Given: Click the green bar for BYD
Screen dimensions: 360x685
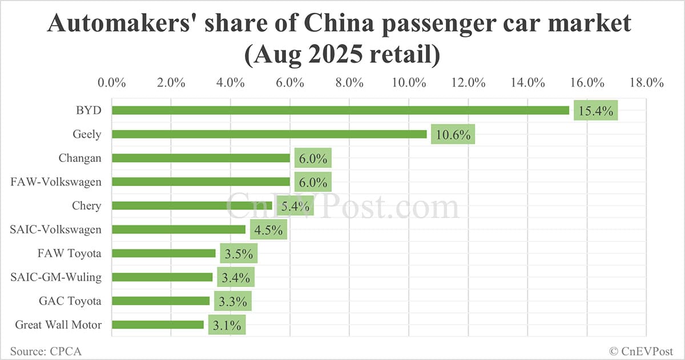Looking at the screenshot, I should click(x=340, y=110).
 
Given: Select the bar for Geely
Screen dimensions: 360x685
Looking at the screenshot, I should click(x=269, y=134).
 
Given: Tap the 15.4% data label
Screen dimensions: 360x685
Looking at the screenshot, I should click(x=595, y=111).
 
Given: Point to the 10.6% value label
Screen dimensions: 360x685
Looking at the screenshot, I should click(x=453, y=135).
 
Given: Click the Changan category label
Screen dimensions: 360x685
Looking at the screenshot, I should click(x=80, y=158).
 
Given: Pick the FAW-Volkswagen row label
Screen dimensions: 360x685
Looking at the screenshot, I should click(x=56, y=182).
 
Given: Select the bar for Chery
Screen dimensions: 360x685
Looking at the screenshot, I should click(x=194, y=205).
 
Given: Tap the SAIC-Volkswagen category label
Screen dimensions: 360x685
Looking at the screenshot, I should click(x=56, y=229).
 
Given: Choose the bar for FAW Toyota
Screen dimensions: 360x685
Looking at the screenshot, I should click(x=163, y=253).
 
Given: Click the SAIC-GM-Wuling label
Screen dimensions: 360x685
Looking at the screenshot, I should click(x=56, y=277).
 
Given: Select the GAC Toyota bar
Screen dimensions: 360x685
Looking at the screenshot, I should click(x=160, y=301).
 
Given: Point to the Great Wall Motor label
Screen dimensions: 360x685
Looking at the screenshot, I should click(x=58, y=325).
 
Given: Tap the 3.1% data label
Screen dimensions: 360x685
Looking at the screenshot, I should click(x=227, y=325).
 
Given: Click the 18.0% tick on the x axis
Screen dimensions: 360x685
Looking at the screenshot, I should click(x=646, y=82).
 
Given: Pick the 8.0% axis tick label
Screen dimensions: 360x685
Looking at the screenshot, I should click(x=349, y=82).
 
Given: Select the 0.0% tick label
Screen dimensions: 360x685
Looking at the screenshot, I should click(x=112, y=82).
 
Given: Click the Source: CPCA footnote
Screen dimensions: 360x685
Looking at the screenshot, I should click(x=45, y=351).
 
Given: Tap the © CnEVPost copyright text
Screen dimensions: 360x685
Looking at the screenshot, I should click(x=642, y=351).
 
